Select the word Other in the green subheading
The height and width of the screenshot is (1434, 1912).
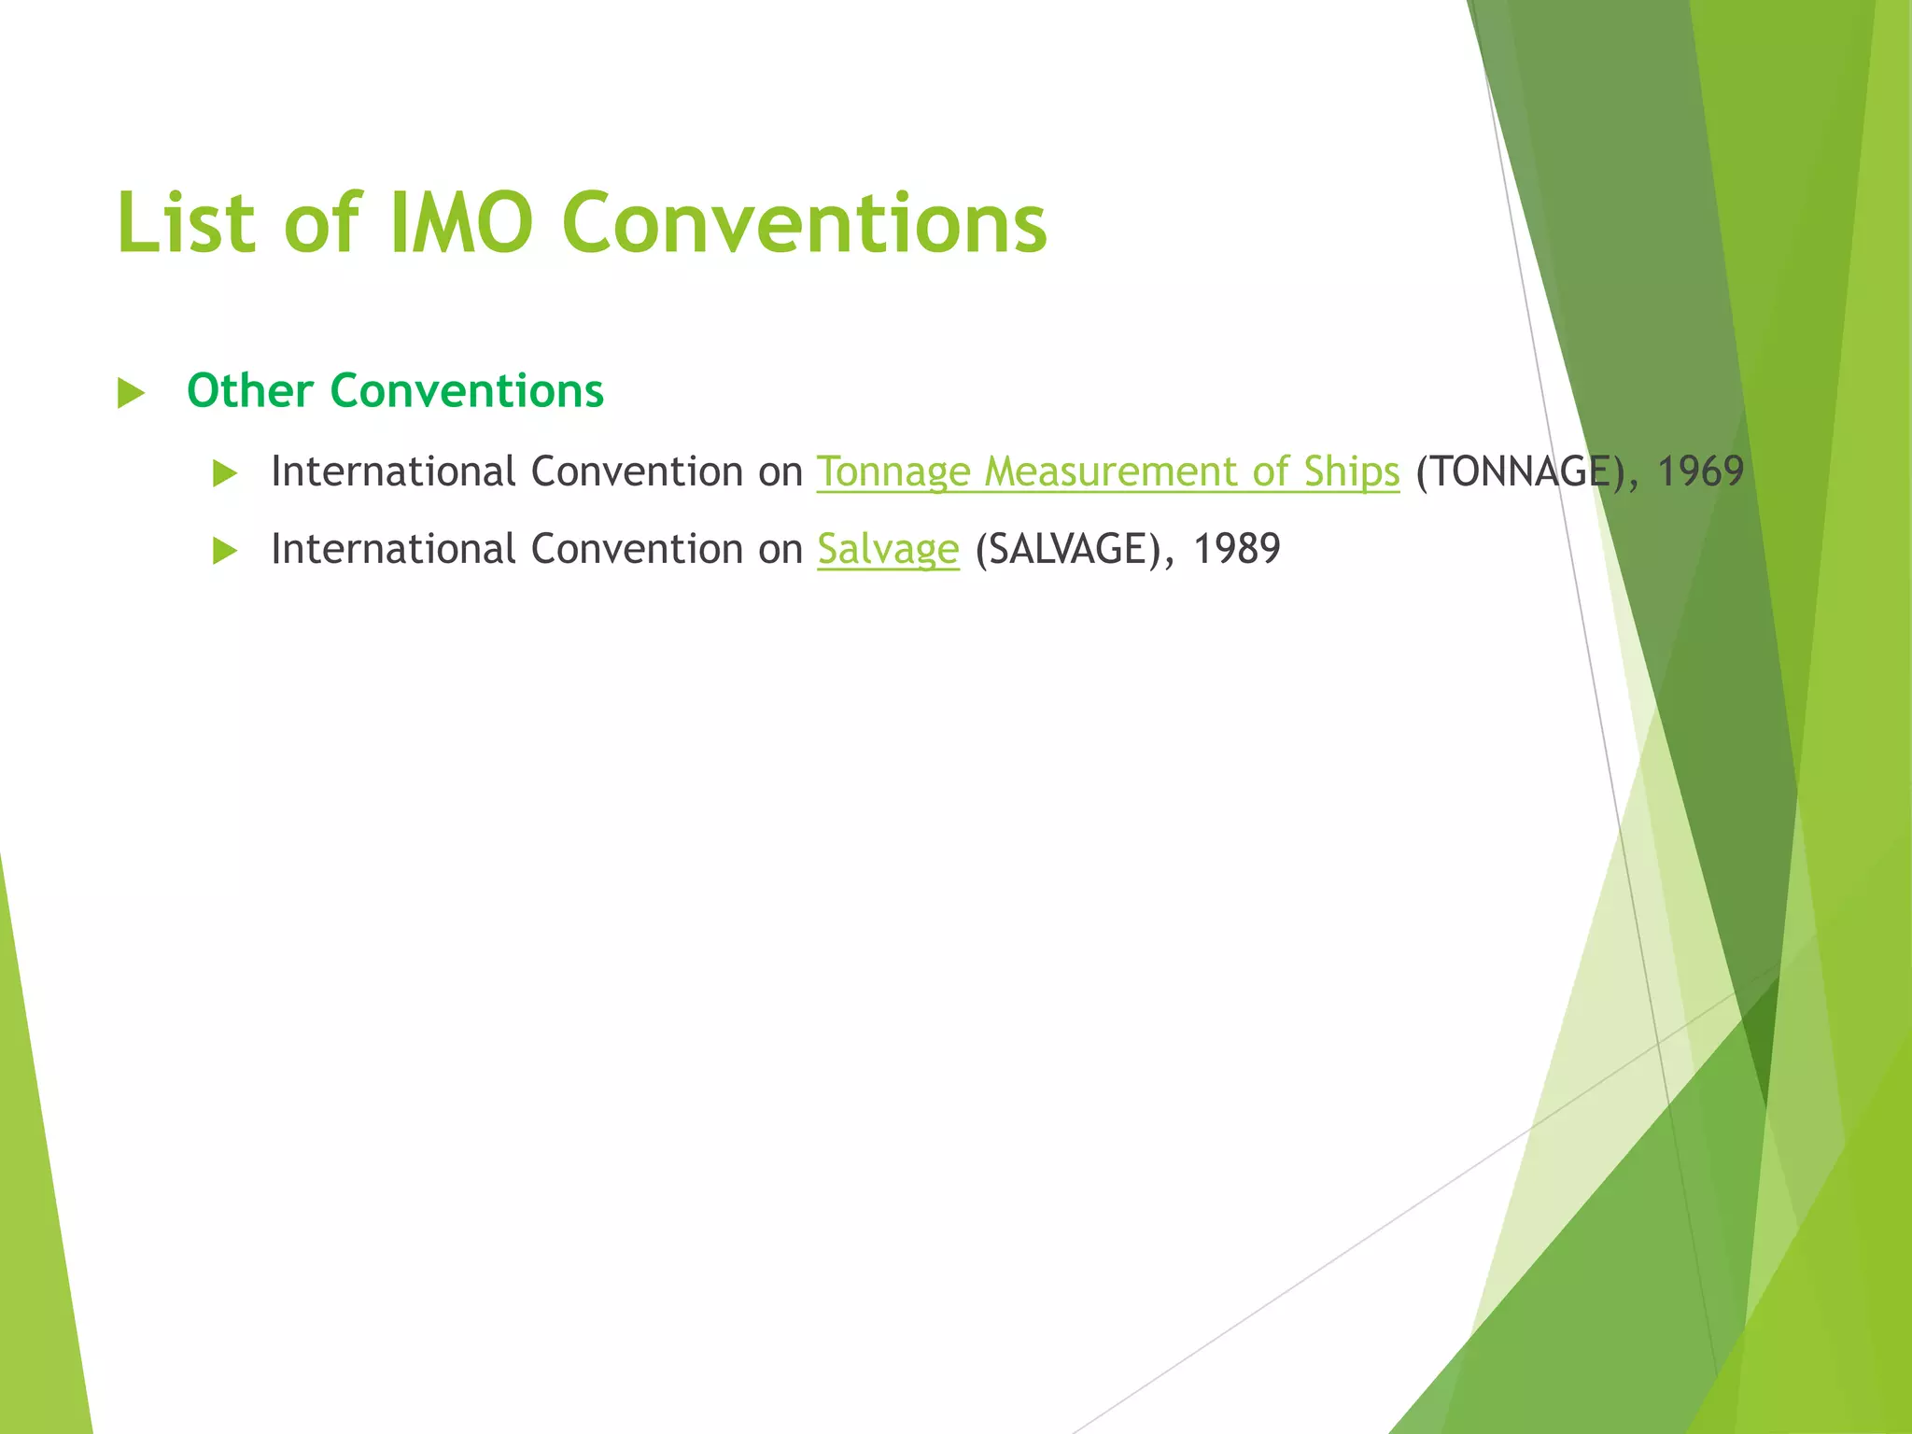coord(249,390)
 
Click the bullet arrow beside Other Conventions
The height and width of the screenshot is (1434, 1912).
coord(131,393)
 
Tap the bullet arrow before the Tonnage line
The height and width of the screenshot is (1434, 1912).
coord(225,473)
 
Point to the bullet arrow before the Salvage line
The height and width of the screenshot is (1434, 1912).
coord(225,551)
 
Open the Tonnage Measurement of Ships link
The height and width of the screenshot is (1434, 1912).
coord(1108,471)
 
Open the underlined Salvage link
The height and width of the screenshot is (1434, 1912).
coord(888,549)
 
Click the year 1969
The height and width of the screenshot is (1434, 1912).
coord(1700,471)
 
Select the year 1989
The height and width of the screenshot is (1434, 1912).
coord(1237,549)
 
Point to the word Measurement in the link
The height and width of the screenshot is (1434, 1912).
coord(1109,471)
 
